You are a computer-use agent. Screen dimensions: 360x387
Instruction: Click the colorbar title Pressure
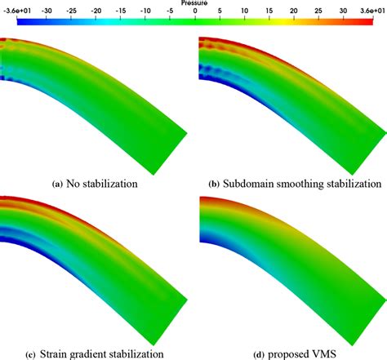pyautogui.click(x=193, y=3)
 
